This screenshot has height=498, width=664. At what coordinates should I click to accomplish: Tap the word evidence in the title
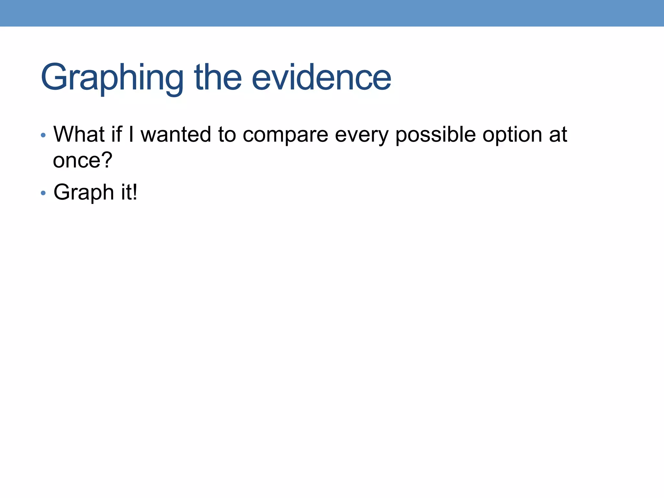[321, 78]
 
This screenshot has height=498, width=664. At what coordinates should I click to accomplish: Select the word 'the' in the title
[218, 78]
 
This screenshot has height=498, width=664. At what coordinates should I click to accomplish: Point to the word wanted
[175, 134]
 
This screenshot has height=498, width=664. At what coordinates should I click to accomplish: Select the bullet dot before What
[43, 135]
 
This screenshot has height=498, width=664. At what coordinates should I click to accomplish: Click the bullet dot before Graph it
[43, 193]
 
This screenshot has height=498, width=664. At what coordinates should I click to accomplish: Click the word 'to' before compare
[227, 135]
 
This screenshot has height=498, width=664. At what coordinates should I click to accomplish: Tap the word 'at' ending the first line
[558, 135]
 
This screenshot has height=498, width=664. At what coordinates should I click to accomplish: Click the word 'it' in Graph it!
[125, 192]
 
